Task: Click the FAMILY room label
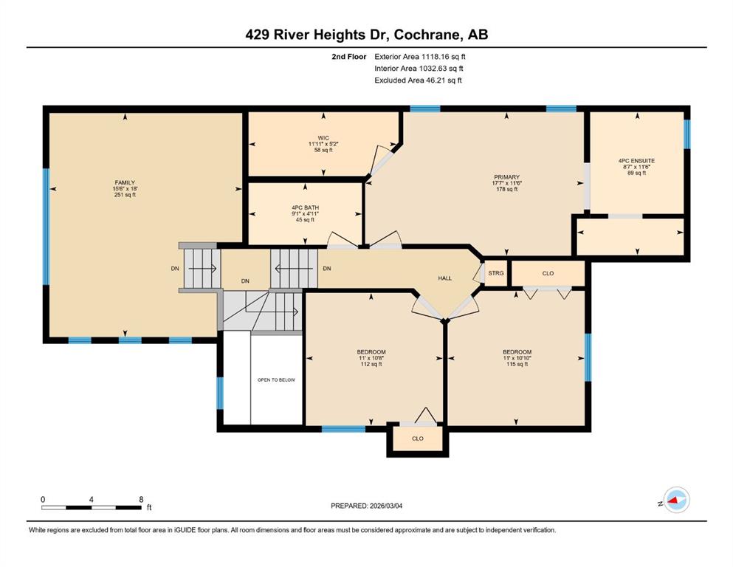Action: (125, 183)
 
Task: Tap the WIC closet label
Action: (323, 138)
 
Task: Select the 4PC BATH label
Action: (306, 207)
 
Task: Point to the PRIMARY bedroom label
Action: (506, 177)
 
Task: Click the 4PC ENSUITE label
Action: (637, 161)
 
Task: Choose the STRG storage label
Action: (496, 273)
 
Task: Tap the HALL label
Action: (445, 278)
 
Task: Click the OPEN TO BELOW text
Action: (276, 380)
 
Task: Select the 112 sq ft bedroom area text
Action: (371, 364)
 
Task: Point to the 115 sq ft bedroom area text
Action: (517, 364)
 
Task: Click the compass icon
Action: (676, 500)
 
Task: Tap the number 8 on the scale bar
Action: (141, 500)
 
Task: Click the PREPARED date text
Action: (366, 506)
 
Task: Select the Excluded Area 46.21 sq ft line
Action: (418, 80)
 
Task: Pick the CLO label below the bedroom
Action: (418, 439)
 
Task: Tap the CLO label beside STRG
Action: (548, 273)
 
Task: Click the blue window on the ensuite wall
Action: (686, 134)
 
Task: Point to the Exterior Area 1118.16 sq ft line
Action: (420, 57)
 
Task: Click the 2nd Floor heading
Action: (348, 57)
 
